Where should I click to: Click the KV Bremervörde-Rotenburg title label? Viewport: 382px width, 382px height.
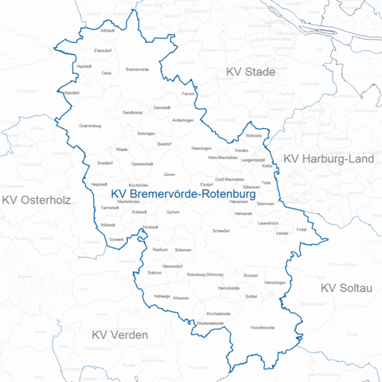[x=183, y=194]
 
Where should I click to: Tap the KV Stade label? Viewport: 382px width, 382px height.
[x=251, y=72]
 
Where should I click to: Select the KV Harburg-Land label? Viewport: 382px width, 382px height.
[x=329, y=159]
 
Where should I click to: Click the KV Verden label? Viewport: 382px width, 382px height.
[x=119, y=335]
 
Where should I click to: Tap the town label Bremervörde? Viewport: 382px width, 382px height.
[x=138, y=70]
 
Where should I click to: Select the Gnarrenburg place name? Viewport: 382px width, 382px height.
[x=91, y=126]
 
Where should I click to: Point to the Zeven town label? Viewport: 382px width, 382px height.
[x=170, y=173]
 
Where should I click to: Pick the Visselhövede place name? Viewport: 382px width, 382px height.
[x=263, y=327]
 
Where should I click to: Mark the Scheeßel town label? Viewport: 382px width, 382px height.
[x=221, y=231]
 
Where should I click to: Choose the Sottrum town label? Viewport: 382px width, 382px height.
[x=155, y=272]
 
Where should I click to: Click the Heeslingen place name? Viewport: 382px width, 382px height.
[x=201, y=149]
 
